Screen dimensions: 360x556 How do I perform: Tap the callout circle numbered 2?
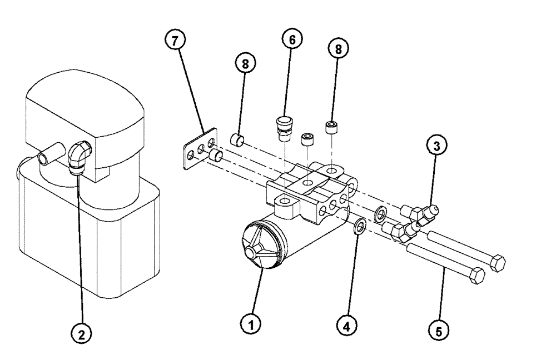point(82,333)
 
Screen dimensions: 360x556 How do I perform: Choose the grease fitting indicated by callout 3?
point(428,212)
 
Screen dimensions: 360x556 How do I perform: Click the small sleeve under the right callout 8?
point(332,127)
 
